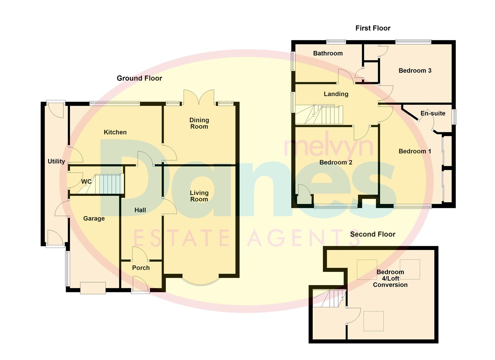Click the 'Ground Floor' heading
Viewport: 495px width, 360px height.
pos(139,78)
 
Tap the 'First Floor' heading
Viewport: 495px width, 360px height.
pos(373,28)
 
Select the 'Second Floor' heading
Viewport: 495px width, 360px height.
pos(372,234)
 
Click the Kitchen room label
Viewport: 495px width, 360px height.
pos(115,132)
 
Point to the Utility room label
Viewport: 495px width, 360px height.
pos(56,161)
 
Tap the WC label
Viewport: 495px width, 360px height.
pos(86,182)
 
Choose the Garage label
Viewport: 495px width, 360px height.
pos(94,219)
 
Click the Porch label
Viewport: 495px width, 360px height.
pos(141,268)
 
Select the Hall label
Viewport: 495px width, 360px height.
pos(140,210)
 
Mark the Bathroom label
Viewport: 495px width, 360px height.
pos(328,53)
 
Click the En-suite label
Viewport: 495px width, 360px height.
pos(433,113)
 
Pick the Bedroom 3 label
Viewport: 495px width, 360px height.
pos(415,71)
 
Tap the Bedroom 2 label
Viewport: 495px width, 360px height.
pos(336,163)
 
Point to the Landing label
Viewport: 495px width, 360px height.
pos(336,94)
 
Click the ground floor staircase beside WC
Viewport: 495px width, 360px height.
pos(107,184)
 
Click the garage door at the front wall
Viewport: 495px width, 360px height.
pos(93,288)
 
